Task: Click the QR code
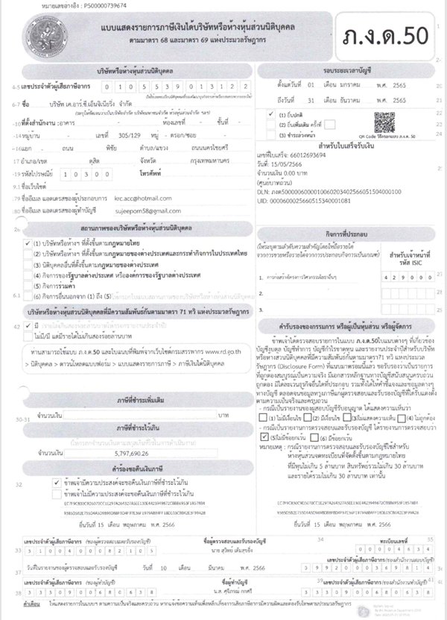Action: click(386, 124)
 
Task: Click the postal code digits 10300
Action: click(81, 171)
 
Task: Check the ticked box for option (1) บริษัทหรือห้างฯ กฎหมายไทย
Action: click(28, 243)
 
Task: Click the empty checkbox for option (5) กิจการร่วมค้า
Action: click(28, 285)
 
